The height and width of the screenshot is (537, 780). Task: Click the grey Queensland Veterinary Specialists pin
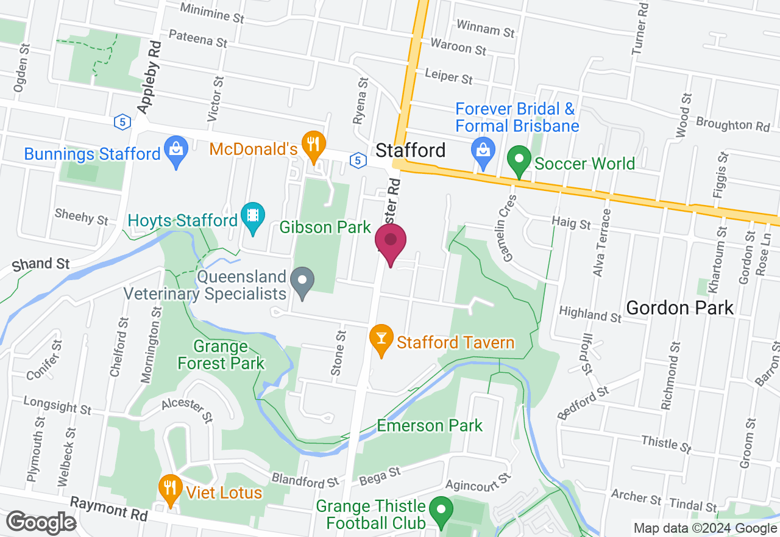(302, 281)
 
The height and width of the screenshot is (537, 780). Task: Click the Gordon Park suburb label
(680, 308)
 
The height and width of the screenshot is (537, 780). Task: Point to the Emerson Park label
(430, 425)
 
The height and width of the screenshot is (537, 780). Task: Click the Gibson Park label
(325, 228)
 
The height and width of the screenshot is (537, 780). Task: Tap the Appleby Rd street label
(151, 77)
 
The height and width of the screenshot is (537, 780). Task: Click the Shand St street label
(41, 264)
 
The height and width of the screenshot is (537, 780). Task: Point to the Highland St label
(590, 314)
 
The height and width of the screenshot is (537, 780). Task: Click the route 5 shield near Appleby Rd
(122, 122)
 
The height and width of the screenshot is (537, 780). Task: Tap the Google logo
(41, 523)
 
